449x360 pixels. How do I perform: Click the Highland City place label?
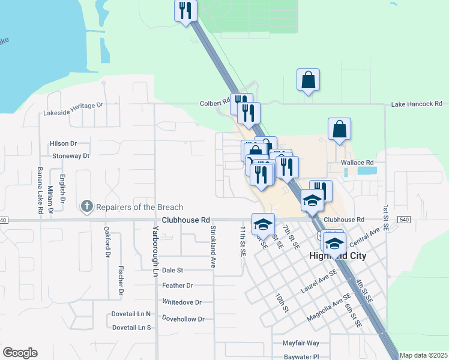pyautogui.click(x=337, y=256)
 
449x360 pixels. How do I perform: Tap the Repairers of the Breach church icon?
pyautogui.click(x=87, y=207)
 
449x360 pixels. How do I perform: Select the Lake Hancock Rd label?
pyautogui.click(x=417, y=104)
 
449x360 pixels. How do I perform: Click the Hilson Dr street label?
pyautogui.click(x=64, y=143)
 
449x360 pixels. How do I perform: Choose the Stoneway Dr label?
pyautogui.click(x=71, y=156)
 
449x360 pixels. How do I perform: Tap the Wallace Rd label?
pyautogui.click(x=357, y=163)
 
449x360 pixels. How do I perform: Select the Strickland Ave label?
pyautogui.click(x=212, y=247)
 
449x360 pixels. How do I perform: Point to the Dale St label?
pyautogui.click(x=172, y=271)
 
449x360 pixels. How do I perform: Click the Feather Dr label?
pyautogui.click(x=177, y=286)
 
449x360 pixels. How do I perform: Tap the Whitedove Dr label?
pyautogui.click(x=181, y=302)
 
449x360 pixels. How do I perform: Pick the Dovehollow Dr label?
pyautogui.click(x=184, y=319)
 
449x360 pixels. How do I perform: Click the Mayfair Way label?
pyautogui.click(x=301, y=343)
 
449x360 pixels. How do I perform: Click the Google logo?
pyautogui.click(x=20, y=353)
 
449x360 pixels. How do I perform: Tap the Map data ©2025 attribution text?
pyautogui.click(x=423, y=355)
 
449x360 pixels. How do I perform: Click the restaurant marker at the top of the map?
pyautogui.click(x=185, y=11)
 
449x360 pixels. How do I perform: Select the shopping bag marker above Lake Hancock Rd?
pyautogui.click(x=308, y=80)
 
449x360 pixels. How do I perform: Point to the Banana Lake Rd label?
pyautogui.click(x=41, y=191)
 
